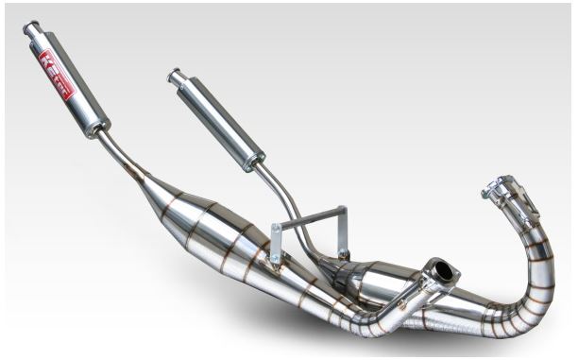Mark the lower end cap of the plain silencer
pos(253,163)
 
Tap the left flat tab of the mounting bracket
pos(276,244)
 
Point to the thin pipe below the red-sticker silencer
pos(123,157)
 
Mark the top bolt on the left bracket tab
pos(276,230)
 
